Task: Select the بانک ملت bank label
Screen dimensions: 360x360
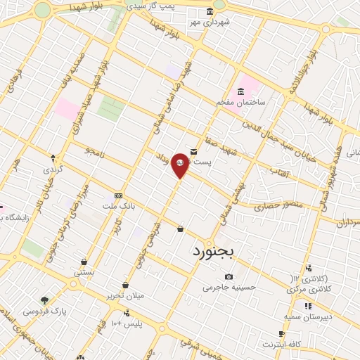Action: [x=118, y=205]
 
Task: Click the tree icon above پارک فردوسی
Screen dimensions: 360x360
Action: [x=45, y=300]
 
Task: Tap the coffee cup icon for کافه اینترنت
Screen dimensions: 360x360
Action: [x=282, y=334]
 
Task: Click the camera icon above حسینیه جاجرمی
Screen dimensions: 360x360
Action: [x=229, y=276]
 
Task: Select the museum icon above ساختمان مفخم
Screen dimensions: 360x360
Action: [x=241, y=91]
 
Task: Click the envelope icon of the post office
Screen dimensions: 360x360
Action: [x=193, y=150]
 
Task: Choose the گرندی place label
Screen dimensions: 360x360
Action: [x=53, y=169]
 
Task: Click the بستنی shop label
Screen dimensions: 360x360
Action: [x=84, y=272]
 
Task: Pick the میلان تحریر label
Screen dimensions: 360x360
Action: [x=125, y=295]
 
